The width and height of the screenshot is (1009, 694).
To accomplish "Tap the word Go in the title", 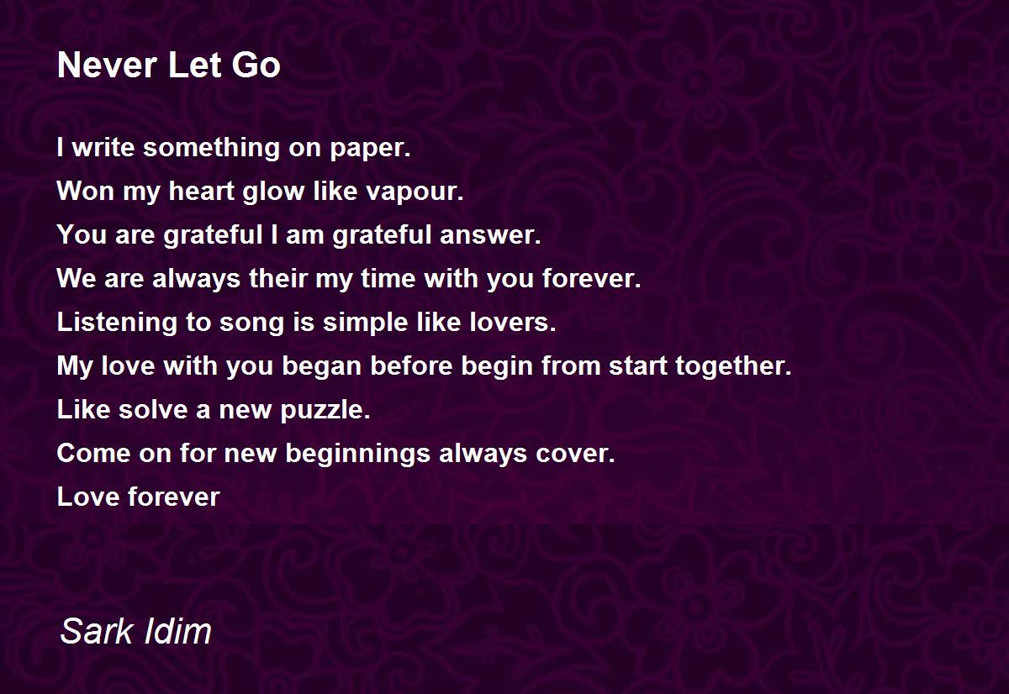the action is [256, 66].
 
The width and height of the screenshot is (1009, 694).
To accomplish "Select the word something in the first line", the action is [211, 149].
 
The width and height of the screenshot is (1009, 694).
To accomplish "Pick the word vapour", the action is [415, 192].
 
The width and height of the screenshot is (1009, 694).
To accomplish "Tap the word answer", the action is [490, 236].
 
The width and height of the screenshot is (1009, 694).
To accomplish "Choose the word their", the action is [278, 278].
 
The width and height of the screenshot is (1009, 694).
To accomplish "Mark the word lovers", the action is [513, 323].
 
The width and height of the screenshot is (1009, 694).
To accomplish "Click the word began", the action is [321, 366].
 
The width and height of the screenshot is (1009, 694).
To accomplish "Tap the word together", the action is [733, 365].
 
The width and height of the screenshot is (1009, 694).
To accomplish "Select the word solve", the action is [153, 409].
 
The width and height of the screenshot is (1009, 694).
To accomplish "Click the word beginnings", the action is [358, 454].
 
